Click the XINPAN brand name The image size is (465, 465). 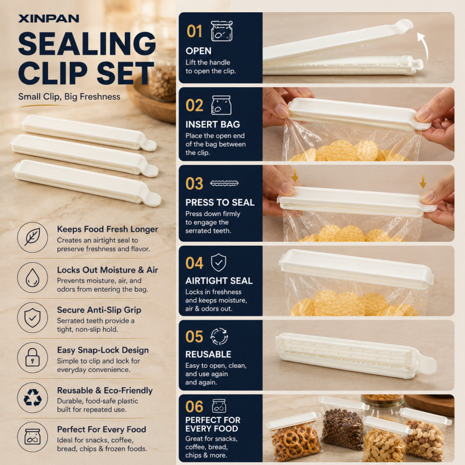coord(49,19)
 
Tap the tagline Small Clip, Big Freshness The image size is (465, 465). coord(69,96)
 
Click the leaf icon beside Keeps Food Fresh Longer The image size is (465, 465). coord(33,237)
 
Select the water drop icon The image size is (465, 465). coord(33,278)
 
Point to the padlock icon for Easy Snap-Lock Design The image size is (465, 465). coord(33,357)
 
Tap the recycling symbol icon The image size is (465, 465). coord(33,398)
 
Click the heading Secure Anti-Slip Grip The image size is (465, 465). coord(99,310)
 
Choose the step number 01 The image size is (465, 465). coord(194,31)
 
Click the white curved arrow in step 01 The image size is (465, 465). coord(424,48)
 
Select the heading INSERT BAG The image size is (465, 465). coord(213,124)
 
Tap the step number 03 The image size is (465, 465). coord(194,184)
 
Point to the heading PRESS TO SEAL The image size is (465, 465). coord(220,202)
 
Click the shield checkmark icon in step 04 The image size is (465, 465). coord(219,263)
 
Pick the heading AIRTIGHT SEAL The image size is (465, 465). coord(219,281)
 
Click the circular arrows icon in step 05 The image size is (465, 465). coord(219,337)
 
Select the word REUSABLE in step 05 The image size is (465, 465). coord(208,354)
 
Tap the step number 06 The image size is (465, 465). coord(194,406)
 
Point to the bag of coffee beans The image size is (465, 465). coord(342,424)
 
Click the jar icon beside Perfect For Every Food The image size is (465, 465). coord(33,437)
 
